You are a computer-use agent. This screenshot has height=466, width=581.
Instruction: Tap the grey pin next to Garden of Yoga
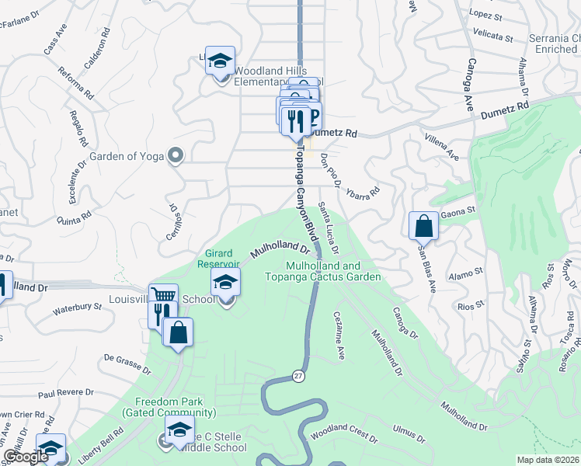(x=176, y=155)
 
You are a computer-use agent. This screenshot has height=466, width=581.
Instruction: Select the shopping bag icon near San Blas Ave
(x=424, y=226)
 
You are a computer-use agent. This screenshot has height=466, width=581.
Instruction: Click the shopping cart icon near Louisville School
(x=163, y=296)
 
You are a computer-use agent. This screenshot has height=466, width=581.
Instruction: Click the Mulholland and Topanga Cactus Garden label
(x=322, y=271)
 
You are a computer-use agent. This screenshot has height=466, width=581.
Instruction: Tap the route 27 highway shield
(x=298, y=376)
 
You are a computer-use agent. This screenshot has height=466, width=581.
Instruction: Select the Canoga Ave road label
(x=470, y=85)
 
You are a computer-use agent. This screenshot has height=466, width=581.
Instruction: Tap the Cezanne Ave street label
(x=339, y=336)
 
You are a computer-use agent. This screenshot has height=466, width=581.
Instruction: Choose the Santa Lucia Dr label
(x=329, y=228)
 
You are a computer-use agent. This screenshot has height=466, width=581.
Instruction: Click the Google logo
(x=25, y=457)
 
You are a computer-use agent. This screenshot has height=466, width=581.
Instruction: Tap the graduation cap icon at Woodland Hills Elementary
(x=221, y=61)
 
